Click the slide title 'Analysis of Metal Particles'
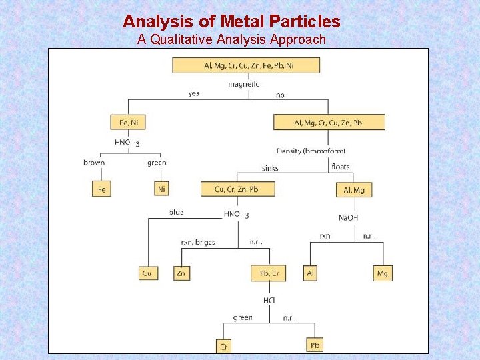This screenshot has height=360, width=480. [231, 21]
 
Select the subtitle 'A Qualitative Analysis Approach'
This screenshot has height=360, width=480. [231, 39]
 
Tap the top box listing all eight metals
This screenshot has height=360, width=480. [246, 65]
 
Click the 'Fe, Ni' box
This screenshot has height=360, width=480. [128, 122]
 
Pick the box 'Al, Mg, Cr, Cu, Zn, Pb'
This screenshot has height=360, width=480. [329, 122]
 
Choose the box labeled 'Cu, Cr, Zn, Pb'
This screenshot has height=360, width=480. [237, 189]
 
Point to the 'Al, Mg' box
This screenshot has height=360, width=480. [354, 189]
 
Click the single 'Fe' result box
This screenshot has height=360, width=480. [101, 189]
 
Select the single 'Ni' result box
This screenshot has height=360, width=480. [161, 189]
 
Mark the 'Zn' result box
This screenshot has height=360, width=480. [181, 273]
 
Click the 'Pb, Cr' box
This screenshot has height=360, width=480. [269, 273]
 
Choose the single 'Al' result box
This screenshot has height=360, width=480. [310, 273]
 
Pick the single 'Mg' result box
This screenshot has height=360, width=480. [383, 273]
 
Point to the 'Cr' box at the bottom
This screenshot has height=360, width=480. [225, 346]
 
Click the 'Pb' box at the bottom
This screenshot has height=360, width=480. [315, 345]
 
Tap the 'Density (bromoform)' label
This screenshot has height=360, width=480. [311, 151]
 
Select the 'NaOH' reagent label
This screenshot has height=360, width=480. [349, 218]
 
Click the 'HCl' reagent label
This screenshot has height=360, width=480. [269, 301]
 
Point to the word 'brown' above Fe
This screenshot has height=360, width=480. [94, 163]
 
